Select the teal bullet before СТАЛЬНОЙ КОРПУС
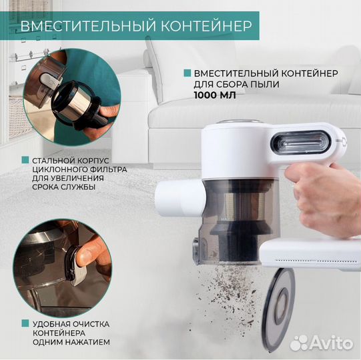pos(25,161)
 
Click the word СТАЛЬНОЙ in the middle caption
pos(53,161)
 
